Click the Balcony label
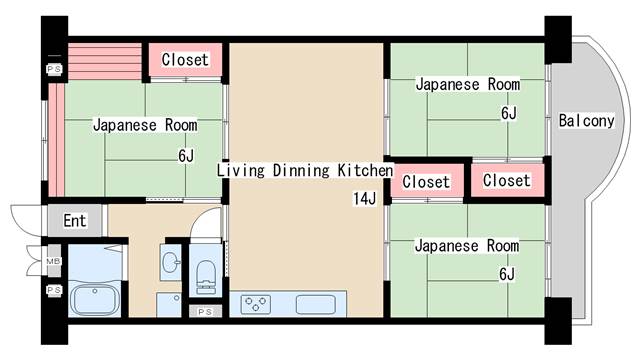pos(586,121)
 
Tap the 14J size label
pos(364,199)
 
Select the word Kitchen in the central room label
pos(365,170)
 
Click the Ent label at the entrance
pos(75,221)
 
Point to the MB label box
pos(53,261)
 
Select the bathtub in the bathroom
pos(95,300)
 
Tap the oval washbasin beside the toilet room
pos(171,262)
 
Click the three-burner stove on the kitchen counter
pos(256,304)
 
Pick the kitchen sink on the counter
pos(316,304)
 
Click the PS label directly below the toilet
pos(205,312)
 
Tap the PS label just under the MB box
pos(54,290)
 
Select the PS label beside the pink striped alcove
pos(54,69)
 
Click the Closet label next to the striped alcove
pos(185,60)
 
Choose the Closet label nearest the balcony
pos(507,180)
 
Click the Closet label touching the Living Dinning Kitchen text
pos(426,182)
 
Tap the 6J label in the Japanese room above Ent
pos(186,156)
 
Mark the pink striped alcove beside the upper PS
pos(104,61)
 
